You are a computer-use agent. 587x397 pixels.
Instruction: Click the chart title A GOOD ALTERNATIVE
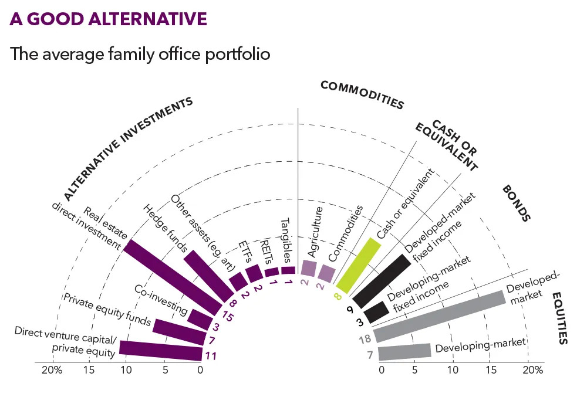pyautogui.click(x=108, y=19)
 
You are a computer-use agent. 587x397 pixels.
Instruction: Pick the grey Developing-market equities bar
pyautogui.click(x=404, y=351)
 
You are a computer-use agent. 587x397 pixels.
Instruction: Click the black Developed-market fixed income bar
pyautogui.click(x=382, y=280)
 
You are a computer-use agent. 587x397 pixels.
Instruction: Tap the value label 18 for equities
pyautogui.click(x=365, y=339)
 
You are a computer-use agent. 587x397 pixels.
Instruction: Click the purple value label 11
pyautogui.click(x=210, y=355)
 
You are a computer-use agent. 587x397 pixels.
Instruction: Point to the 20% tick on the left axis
pyautogui.click(x=51, y=371)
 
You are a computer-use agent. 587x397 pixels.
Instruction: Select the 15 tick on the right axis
pyautogui.click(x=491, y=371)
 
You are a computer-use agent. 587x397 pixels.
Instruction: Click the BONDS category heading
pyautogui.click(x=516, y=203)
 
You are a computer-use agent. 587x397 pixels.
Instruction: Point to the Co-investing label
pyautogui.click(x=160, y=298)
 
